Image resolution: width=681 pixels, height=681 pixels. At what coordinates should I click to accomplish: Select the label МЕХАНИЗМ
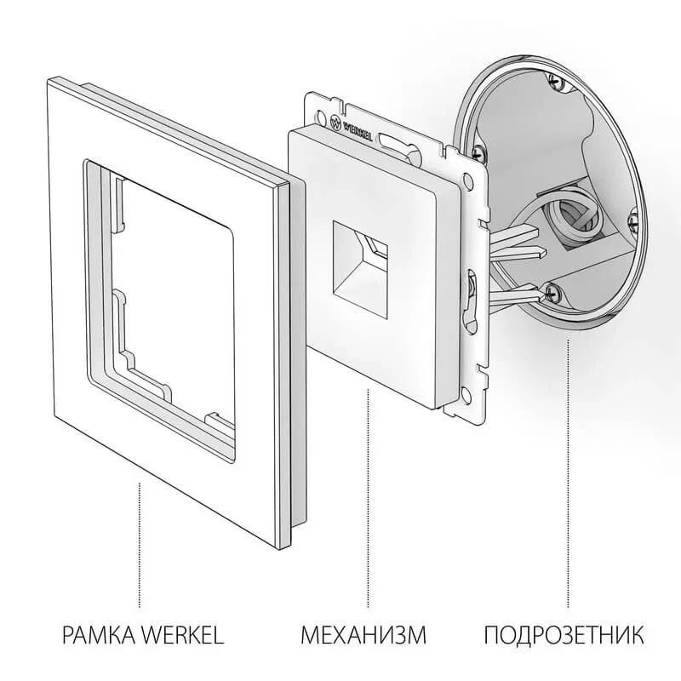(x=363, y=635)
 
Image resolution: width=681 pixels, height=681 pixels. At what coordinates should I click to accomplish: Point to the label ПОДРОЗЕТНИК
(x=564, y=635)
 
